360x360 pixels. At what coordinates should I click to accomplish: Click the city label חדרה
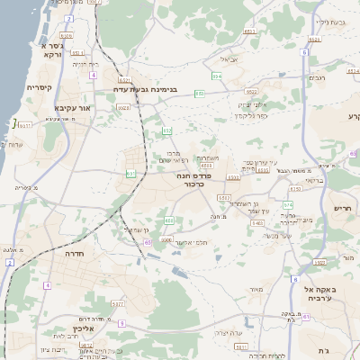(x=74, y=255)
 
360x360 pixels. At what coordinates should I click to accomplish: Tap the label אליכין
(x=83, y=329)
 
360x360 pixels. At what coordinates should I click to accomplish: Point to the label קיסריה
(x=39, y=87)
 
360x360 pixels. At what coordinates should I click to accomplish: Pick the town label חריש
(x=342, y=208)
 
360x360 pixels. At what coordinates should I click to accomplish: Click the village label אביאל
(x=228, y=59)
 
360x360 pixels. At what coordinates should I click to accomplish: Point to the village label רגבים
(x=318, y=77)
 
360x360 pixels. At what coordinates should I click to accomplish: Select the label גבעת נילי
(x=330, y=21)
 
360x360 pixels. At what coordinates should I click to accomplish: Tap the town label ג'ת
(x=323, y=349)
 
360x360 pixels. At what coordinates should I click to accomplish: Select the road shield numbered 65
(x=147, y=241)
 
